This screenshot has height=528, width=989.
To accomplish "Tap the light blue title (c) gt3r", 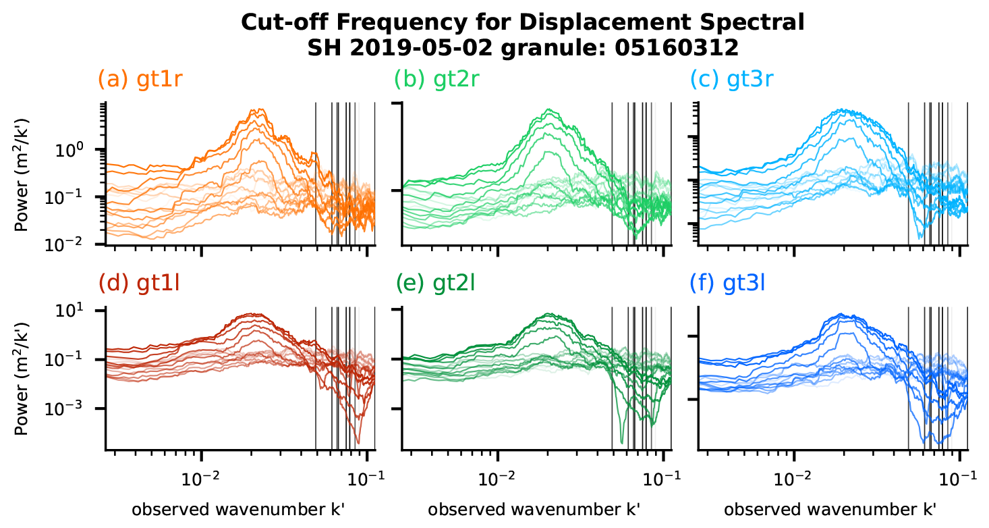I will pos(733,80).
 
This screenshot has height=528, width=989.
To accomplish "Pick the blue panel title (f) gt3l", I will pos(731,284).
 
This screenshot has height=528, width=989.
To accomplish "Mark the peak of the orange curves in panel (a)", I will pos(256,109).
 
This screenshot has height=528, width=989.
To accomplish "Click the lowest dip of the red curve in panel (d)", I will pos(358,443).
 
